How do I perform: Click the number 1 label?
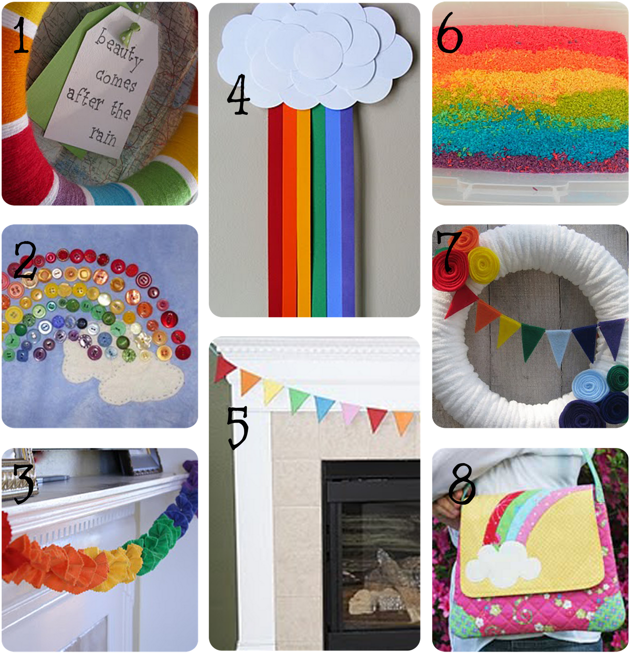pyautogui.click(x=20, y=36)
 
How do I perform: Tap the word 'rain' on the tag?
pyautogui.click(x=104, y=135)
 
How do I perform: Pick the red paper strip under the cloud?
pyautogui.click(x=275, y=210)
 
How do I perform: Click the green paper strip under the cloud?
pyautogui.click(x=318, y=210)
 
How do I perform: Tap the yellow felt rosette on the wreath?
pyautogui.click(x=484, y=265)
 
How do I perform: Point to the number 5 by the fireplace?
pyautogui.click(x=237, y=427)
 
